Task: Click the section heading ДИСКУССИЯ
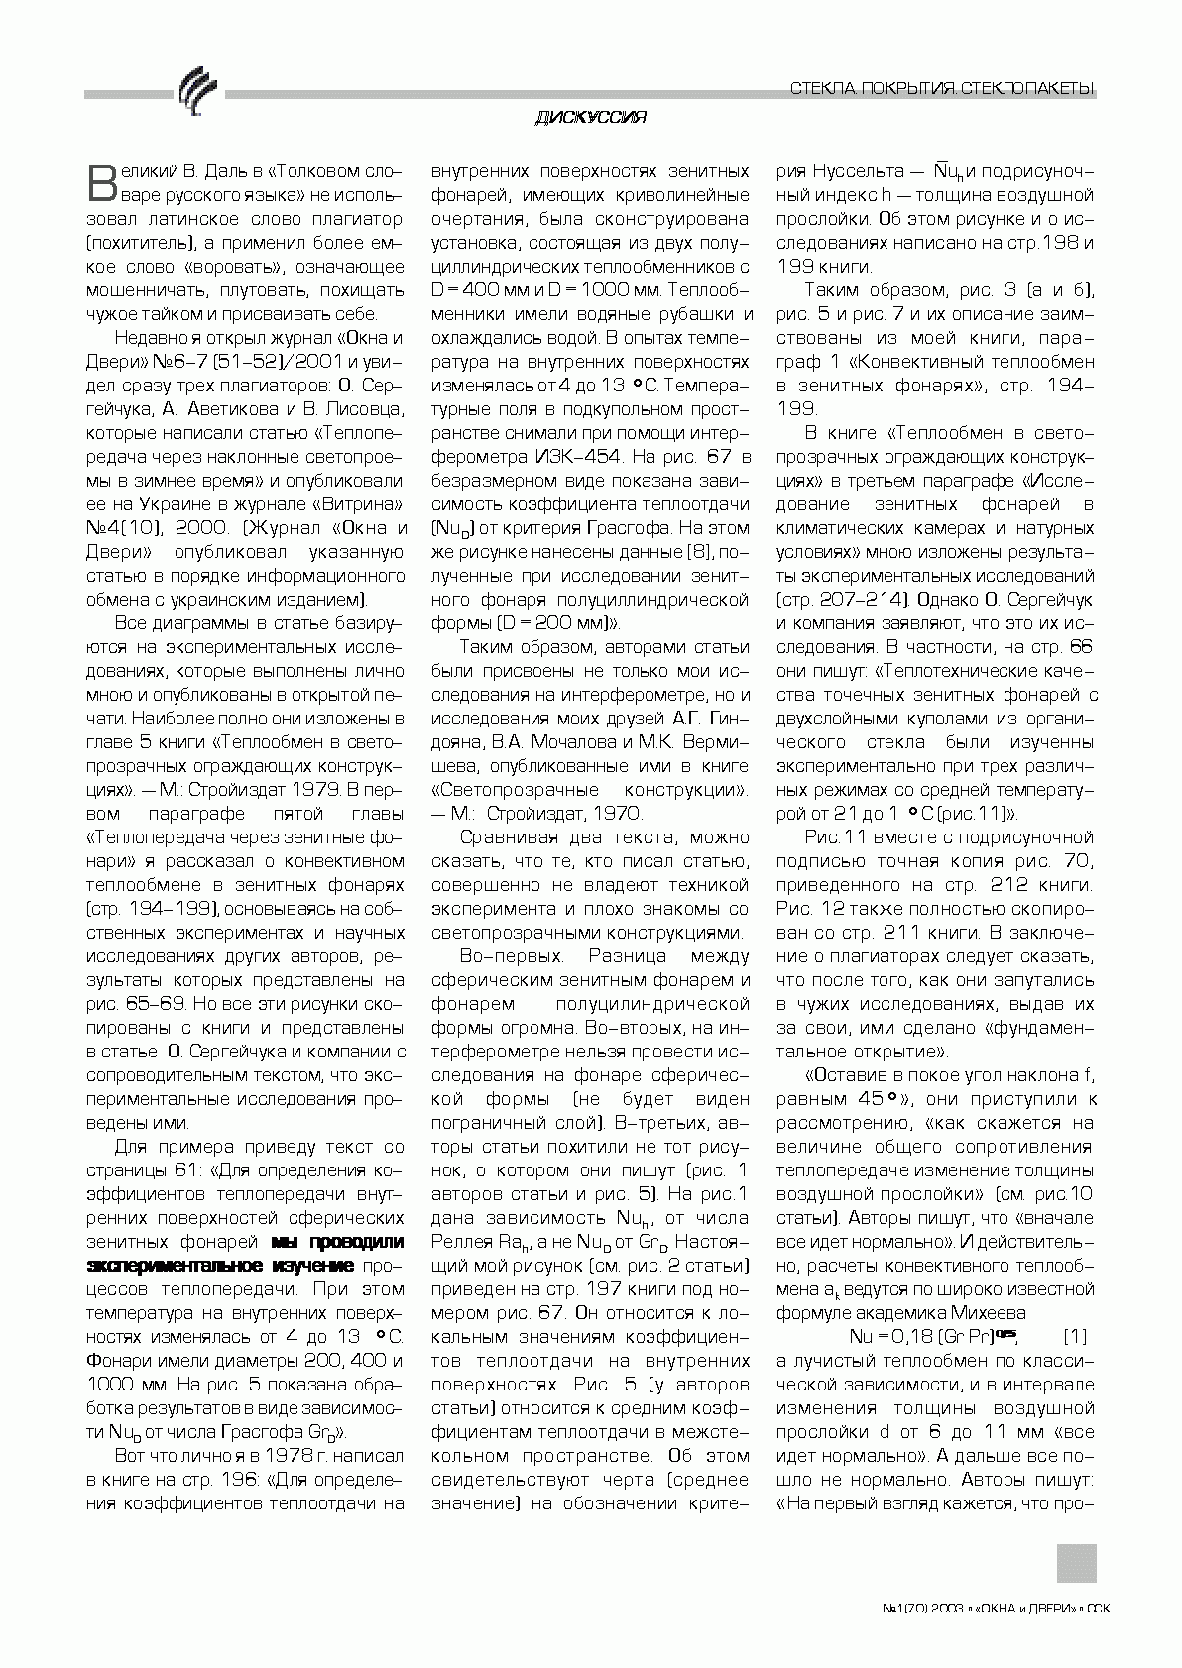click(591, 118)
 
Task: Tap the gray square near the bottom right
click(1076, 1563)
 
